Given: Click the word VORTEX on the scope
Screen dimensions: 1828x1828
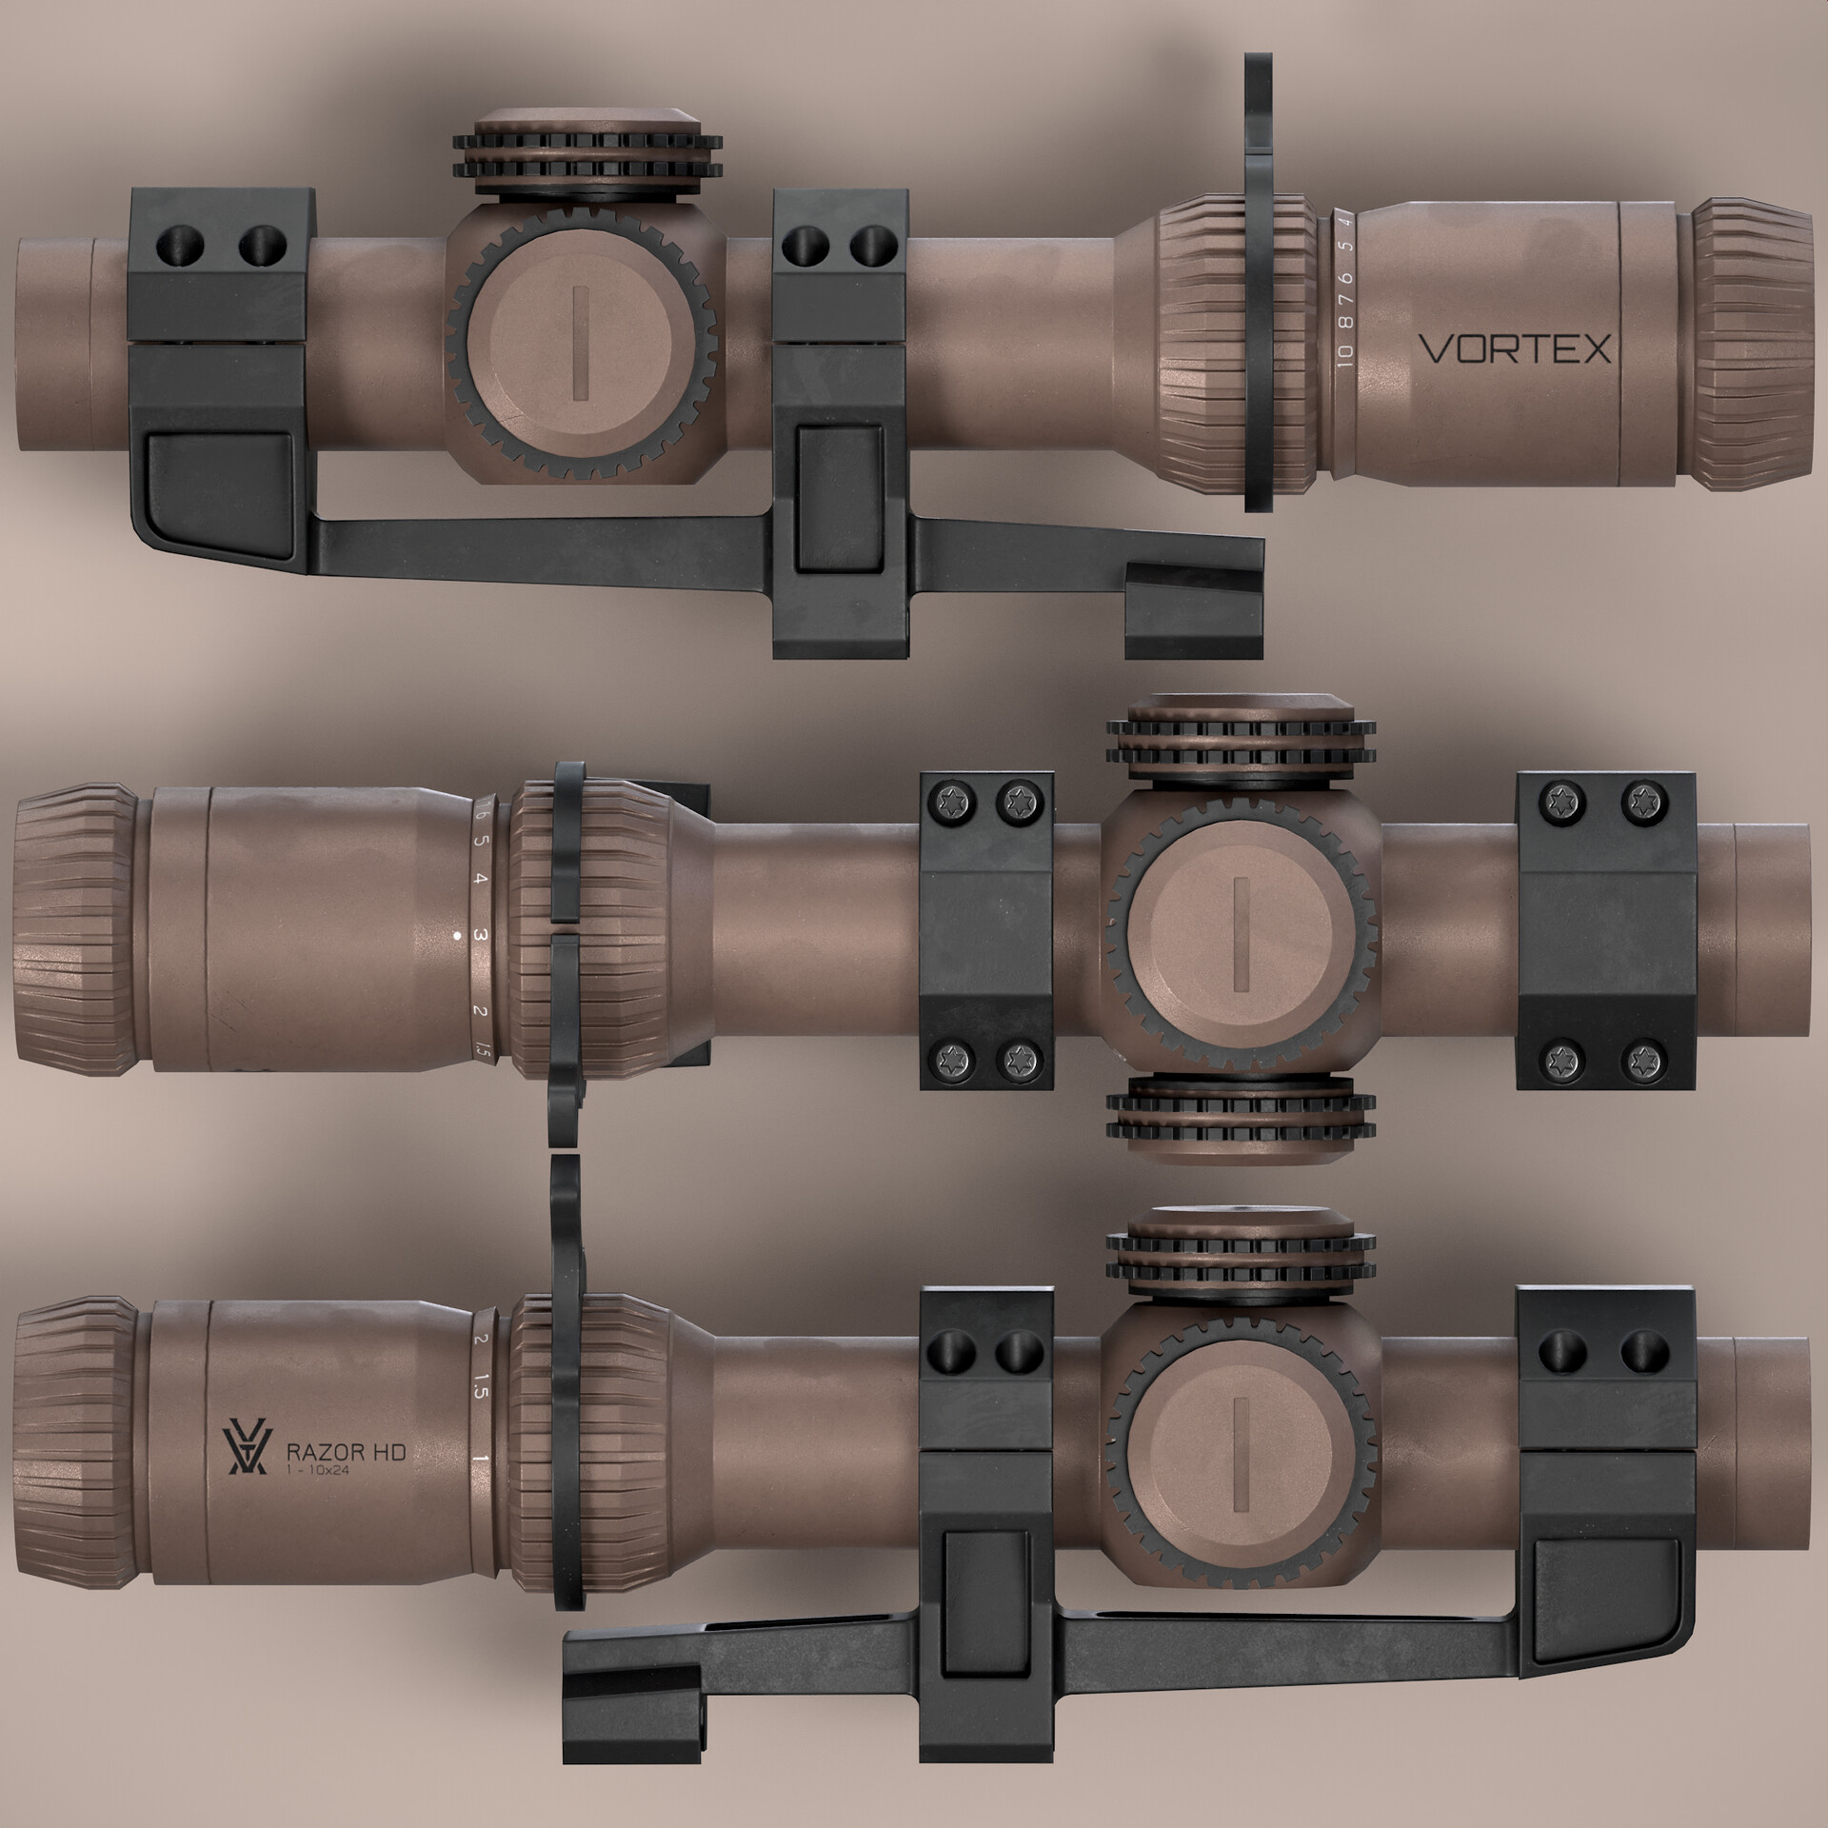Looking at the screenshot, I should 1515,349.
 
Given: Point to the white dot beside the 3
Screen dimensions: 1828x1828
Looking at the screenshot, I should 458,936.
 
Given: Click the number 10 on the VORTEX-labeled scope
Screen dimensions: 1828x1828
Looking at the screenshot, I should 1343,355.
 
